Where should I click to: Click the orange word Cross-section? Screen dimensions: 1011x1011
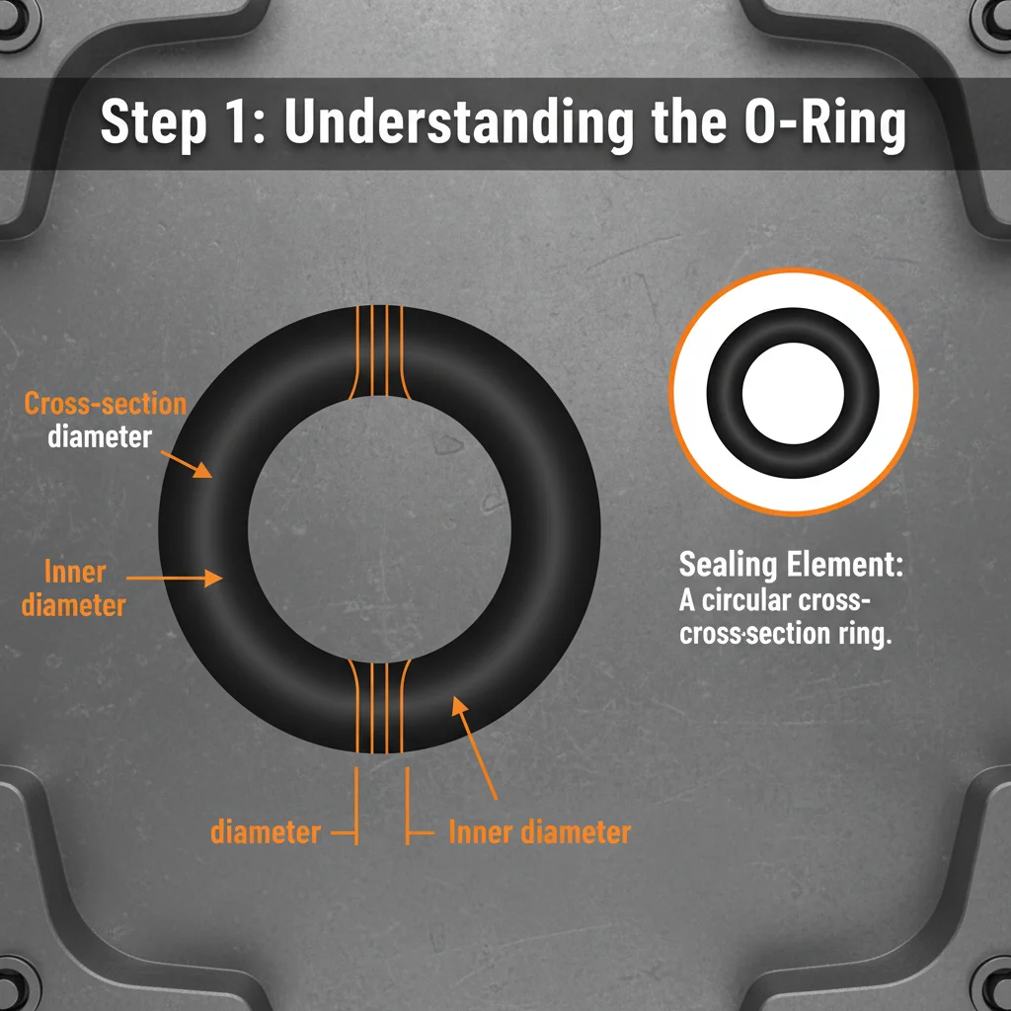tap(105, 404)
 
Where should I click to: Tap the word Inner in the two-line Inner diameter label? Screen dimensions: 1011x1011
tap(75, 572)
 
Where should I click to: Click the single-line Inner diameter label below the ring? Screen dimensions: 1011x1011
tap(539, 832)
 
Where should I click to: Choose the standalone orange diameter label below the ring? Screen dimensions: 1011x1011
tap(266, 832)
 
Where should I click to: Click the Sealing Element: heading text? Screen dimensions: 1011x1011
tap(792, 567)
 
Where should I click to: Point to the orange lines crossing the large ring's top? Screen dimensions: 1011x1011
tap(379, 352)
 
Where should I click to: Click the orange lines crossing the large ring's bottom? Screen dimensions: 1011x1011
tap(379, 706)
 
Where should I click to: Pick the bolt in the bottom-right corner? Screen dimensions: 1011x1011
tap(993, 993)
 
